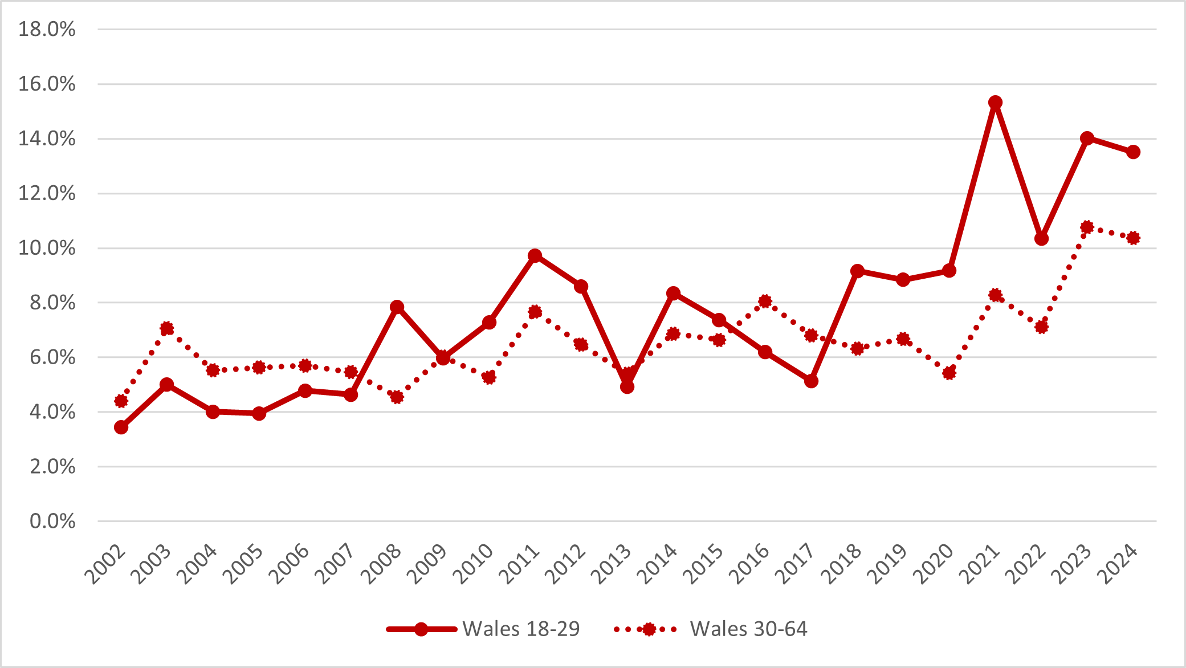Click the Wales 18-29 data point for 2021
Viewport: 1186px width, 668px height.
(x=995, y=103)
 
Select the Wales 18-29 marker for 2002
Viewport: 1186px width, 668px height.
(x=121, y=427)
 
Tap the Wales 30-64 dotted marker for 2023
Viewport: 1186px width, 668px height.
(x=1087, y=227)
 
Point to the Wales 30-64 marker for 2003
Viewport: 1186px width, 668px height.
(x=167, y=328)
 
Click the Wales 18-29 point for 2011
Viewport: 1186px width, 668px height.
(x=535, y=255)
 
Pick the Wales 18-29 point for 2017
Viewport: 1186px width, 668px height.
(x=811, y=381)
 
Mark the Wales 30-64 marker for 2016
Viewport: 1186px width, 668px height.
(x=765, y=301)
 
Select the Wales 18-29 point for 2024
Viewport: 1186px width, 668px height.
(x=1133, y=152)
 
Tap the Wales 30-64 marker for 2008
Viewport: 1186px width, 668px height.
(x=397, y=397)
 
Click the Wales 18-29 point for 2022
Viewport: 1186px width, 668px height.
(x=1041, y=238)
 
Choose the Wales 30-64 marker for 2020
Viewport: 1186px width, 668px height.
(x=949, y=373)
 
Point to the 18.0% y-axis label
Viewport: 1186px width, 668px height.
(x=47, y=29)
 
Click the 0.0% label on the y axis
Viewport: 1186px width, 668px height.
(x=52, y=521)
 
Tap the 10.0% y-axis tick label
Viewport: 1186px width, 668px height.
(x=47, y=248)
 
